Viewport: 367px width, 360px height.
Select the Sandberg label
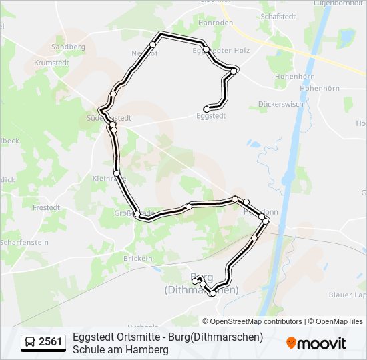point(68,47)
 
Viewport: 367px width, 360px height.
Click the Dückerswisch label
point(280,104)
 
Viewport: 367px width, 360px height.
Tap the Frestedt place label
point(46,207)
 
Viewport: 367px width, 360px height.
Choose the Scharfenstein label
point(24,242)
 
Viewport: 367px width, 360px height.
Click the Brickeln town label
point(138,258)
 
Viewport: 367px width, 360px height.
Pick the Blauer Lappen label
point(351,294)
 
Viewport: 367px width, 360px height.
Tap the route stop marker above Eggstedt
point(207,109)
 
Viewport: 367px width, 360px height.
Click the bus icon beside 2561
point(30,343)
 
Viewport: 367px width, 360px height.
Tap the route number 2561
point(51,343)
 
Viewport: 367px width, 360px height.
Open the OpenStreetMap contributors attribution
point(256,321)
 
